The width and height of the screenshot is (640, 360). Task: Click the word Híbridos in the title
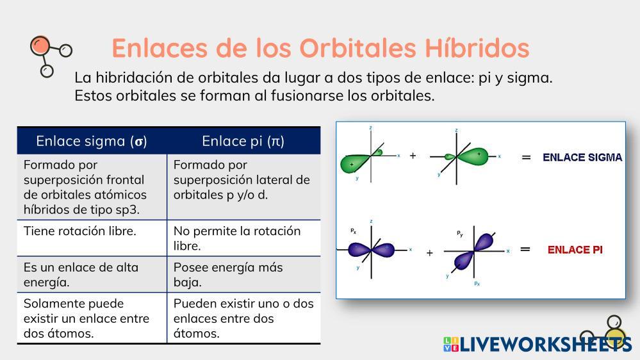477,47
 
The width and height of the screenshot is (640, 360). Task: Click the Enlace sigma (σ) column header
92,141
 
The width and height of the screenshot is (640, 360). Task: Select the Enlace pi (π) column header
243,141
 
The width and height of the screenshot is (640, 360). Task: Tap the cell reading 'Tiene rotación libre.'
79,231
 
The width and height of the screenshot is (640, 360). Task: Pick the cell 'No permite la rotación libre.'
237,238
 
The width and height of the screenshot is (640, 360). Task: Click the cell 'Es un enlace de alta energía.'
81,275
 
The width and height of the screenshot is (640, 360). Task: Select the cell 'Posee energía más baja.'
228,275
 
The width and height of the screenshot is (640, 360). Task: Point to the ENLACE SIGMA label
582,157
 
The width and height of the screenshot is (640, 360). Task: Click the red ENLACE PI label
575,250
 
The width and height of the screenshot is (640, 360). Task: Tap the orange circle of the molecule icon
40,45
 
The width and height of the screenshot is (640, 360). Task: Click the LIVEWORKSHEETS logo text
546,345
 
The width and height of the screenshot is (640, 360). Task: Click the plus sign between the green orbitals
413,156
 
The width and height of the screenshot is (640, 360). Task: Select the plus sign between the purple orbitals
429,253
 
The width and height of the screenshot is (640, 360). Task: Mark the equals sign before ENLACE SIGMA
526,157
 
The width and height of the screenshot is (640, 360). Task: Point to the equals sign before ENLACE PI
525,249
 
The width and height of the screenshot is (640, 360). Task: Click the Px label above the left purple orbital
354,231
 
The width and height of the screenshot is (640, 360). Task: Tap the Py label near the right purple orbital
460,234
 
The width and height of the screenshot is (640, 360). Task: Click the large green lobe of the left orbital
354,163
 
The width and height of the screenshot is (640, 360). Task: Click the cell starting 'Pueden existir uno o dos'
243,318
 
